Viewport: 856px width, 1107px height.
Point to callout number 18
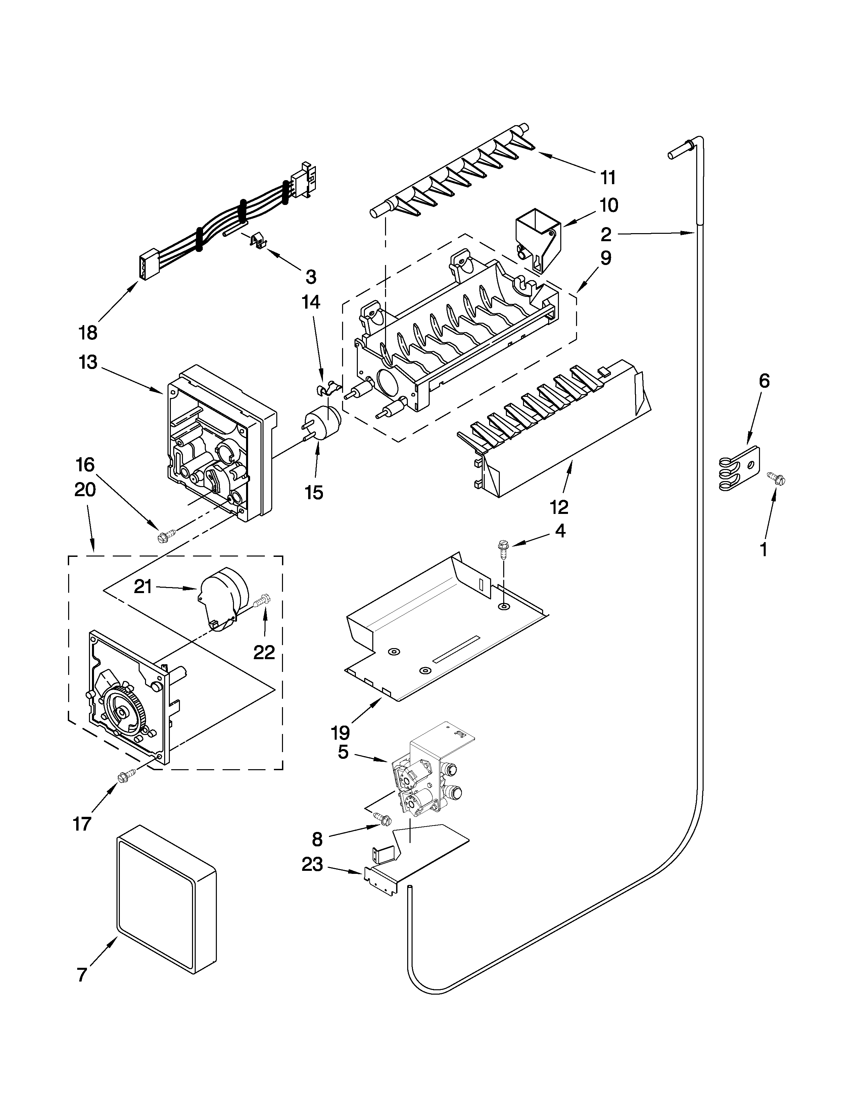pos(88,333)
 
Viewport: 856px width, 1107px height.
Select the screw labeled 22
pos(264,601)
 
